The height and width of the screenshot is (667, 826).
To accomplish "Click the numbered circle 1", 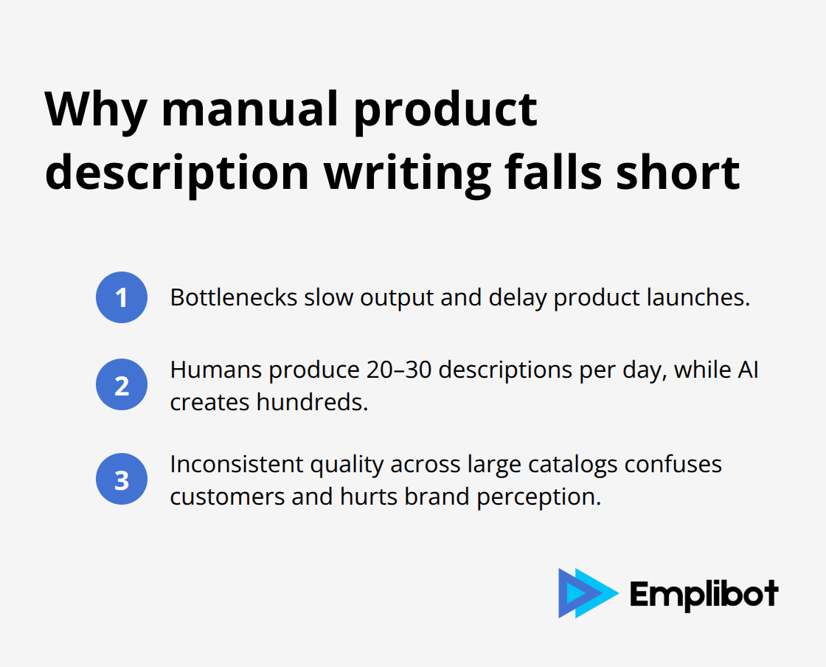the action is pos(122,297).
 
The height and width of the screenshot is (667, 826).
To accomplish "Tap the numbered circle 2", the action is pos(122,384).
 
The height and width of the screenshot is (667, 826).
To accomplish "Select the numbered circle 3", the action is pos(122,479).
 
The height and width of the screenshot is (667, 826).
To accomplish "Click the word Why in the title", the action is pos(95,111).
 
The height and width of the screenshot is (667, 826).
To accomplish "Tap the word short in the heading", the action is pos(678,172).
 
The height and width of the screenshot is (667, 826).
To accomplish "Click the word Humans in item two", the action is pos(216,370).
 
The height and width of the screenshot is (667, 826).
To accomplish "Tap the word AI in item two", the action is pos(748,370).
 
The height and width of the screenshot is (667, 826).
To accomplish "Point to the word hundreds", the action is pos(313,402).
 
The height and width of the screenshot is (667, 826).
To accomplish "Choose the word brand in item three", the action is pos(437,497).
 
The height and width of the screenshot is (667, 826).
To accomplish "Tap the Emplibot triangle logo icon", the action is pos(589,593).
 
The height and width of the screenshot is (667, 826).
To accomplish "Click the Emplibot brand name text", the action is pos(704,594).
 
